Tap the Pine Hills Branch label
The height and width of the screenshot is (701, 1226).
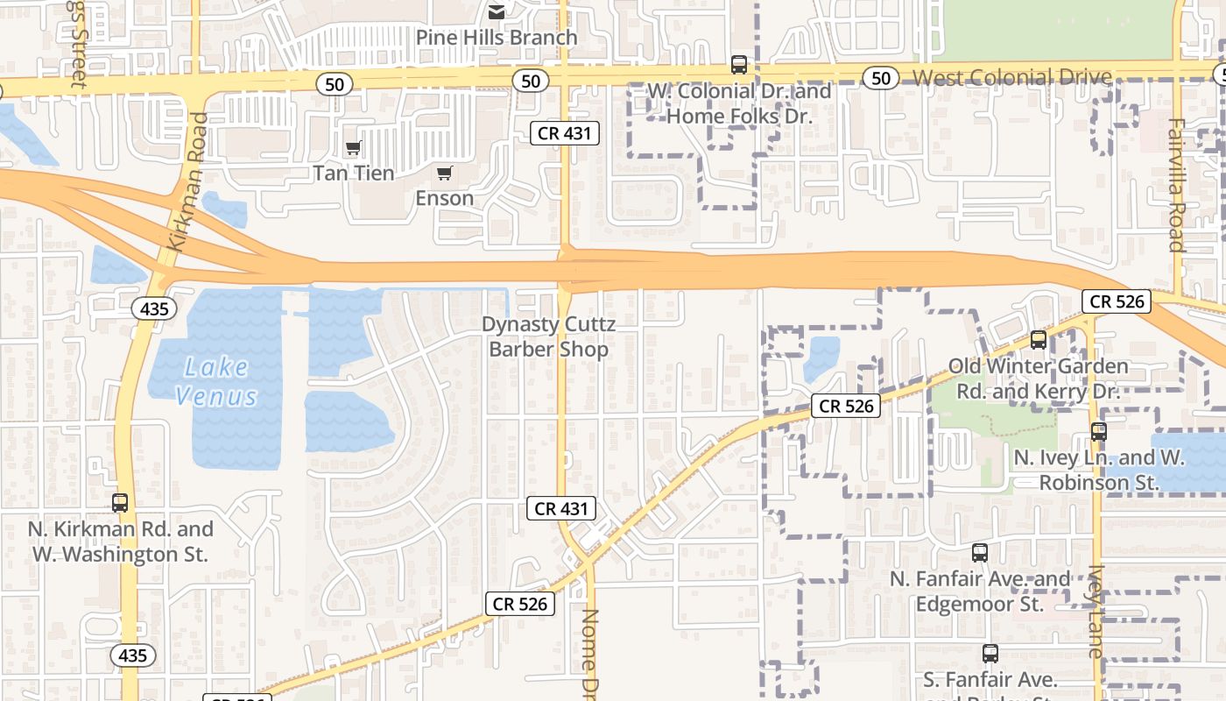point(497,38)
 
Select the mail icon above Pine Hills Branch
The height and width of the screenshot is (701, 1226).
point(497,11)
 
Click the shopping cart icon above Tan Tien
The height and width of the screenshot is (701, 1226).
point(353,148)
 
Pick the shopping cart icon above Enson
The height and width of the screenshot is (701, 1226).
point(444,173)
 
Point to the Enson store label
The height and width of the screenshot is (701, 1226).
point(444,198)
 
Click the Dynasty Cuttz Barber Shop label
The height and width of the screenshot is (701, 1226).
point(548,337)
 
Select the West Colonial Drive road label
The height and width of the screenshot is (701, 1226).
point(1011,78)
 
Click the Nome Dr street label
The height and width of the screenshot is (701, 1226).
point(590,653)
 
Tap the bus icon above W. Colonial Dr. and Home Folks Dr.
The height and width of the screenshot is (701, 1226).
point(739,65)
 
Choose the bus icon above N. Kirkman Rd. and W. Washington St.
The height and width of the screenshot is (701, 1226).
point(120,503)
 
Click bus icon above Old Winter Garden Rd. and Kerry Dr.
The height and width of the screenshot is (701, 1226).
point(1039,340)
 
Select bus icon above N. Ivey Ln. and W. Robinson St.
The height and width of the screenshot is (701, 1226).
point(1099,431)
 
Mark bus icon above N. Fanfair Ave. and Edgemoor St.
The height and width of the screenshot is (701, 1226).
point(980,553)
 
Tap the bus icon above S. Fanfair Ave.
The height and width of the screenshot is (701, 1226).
point(990,654)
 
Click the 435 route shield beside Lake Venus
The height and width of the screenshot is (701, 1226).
point(154,308)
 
